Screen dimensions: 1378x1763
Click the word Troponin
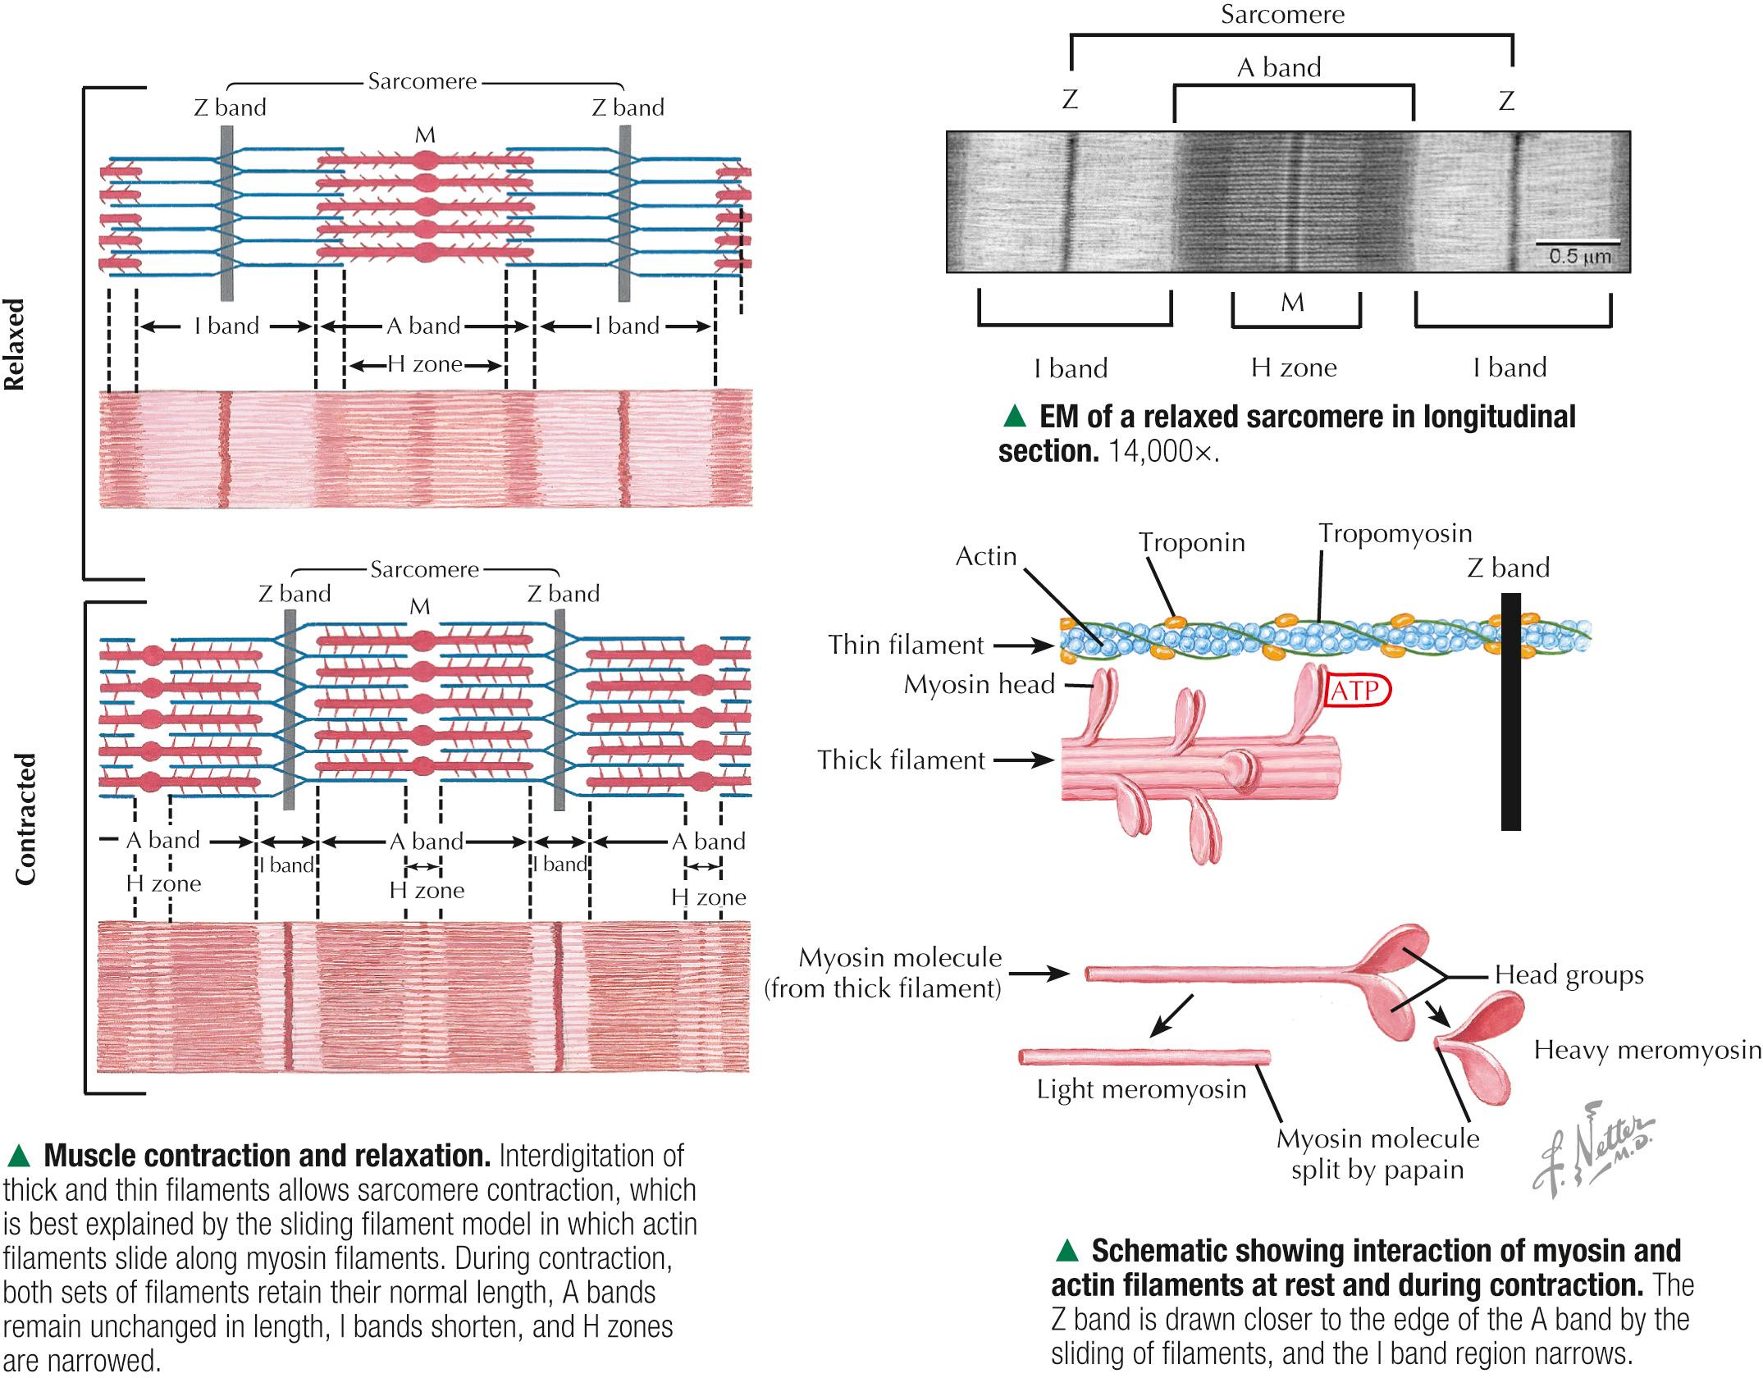click(1191, 542)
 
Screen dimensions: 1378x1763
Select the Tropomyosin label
click(1395, 533)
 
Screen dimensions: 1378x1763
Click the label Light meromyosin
click(1141, 1089)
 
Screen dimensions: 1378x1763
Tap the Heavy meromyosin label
click(1647, 1050)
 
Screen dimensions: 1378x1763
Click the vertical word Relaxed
click(16, 344)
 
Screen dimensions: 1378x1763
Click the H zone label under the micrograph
click(1293, 367)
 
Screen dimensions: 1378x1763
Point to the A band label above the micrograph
click(1279, 67)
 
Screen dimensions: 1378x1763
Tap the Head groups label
click(1569, 974)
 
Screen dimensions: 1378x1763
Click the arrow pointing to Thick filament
click(1024, 760)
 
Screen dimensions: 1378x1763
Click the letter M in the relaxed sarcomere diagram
click(425, 135)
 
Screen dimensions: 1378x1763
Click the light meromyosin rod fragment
click(1144, 1056)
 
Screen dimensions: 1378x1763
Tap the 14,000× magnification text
click(1163, 452)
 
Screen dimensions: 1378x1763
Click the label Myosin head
click(979, 684)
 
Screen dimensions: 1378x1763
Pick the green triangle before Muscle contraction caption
click(18, 1157)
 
